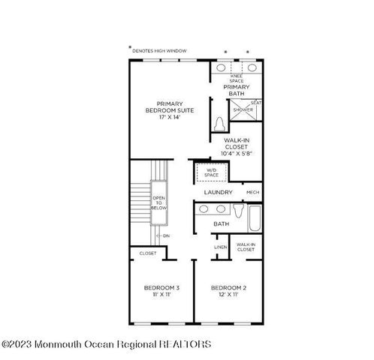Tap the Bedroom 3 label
point(161,288)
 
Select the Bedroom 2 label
point(229,288)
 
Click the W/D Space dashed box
point(211,172)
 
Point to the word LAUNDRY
point(219,193)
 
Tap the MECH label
point(252,193)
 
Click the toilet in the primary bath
point(219,124)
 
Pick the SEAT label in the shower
point(255,103)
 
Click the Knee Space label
point(236,78)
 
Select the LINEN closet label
point(220,247)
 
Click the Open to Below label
point(159,202)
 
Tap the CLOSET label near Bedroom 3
point(148,253)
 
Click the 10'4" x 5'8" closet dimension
point(236,153)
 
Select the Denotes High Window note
point(160,51)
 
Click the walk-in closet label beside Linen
point(246,247)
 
